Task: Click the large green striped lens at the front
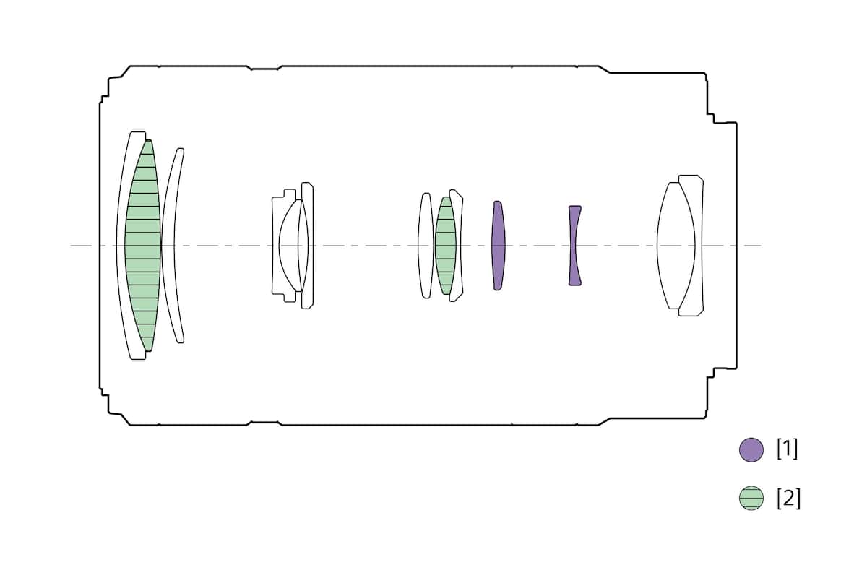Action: click(x=143, y=246)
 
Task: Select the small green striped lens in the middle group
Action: click(x=446, y=246)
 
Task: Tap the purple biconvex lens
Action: click(x=498, y=246)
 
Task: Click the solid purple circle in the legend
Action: click(x=751, y=450)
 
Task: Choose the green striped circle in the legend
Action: click(x=751, y=498)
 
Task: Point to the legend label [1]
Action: click(x=788, y=449)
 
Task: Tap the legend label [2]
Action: click(x=788, y=499)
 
